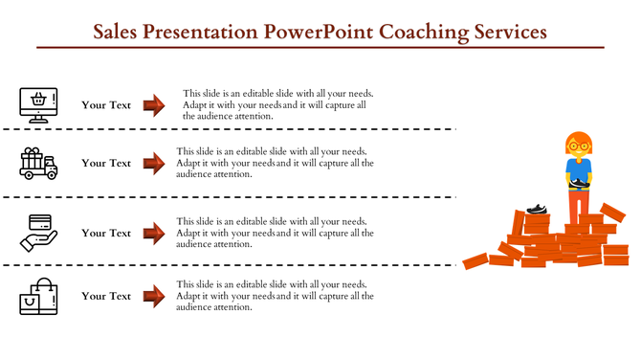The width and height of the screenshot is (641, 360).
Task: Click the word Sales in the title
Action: tap(118, 31)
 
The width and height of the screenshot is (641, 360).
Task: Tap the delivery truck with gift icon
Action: tap(38, 164)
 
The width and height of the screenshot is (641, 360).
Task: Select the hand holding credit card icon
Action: tap(38, 231)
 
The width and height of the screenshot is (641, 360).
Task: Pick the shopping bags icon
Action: tap(38, 297)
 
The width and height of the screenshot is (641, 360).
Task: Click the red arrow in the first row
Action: tap(154, 105)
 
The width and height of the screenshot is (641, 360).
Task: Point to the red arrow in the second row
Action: tap(154, 163)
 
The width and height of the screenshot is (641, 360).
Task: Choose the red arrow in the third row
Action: tap(154, 233)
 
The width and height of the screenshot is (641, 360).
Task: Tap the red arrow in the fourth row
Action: tap(154, 296)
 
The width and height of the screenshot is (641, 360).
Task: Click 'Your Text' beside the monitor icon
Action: tap(106, 105)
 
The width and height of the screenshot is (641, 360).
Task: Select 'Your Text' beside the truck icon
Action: tap(106, 163)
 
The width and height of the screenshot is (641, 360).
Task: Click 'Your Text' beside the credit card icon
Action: tap(106, 233)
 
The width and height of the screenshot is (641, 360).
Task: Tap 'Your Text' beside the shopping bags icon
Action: tap(106, 296)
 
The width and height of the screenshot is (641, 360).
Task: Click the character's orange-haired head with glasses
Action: tap(578, 146)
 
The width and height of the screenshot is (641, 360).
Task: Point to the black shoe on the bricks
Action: tap(537, 208)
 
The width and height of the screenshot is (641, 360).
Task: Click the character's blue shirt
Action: tap(578, 170)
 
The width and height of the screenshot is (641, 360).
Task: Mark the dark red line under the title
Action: tap(320, 47)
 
